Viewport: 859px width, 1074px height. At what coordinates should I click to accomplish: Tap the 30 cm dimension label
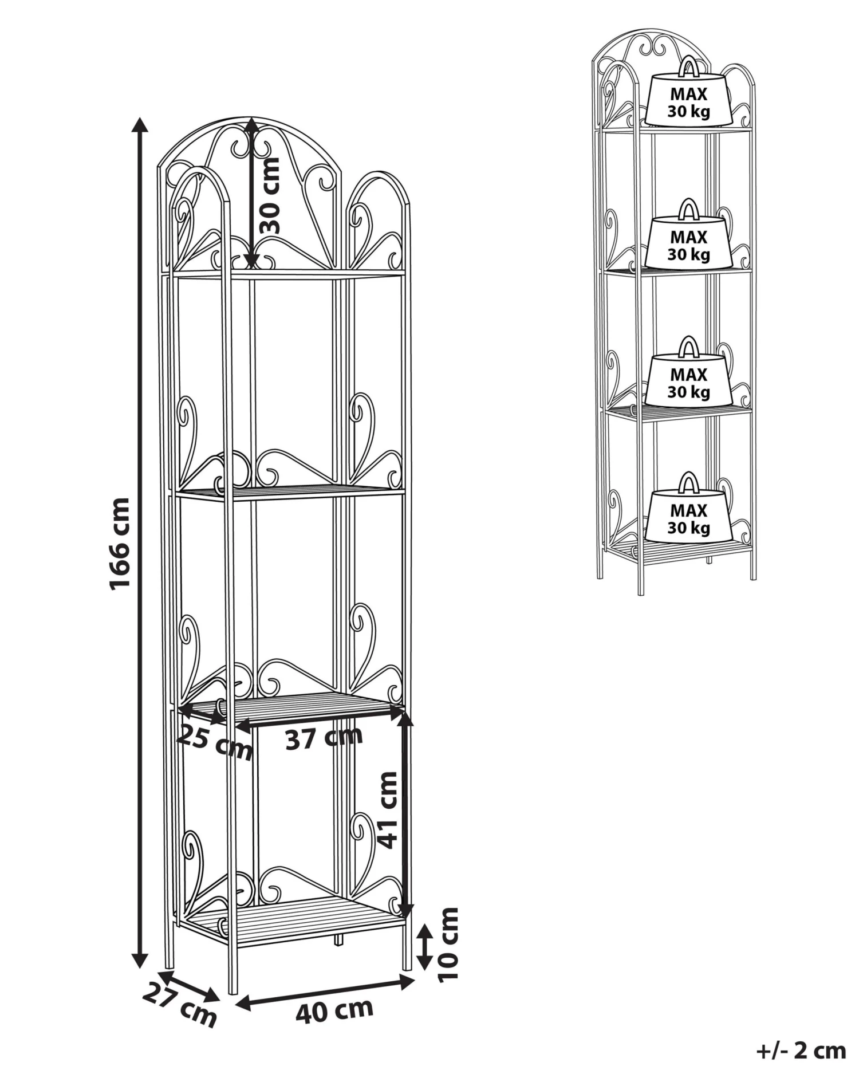coord(270,195)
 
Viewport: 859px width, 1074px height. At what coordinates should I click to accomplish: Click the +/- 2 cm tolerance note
coord(801,1051)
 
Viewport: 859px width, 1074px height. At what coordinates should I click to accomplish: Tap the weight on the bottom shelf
coord(689,509)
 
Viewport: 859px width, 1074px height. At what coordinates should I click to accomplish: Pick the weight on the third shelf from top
coord(689,372)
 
